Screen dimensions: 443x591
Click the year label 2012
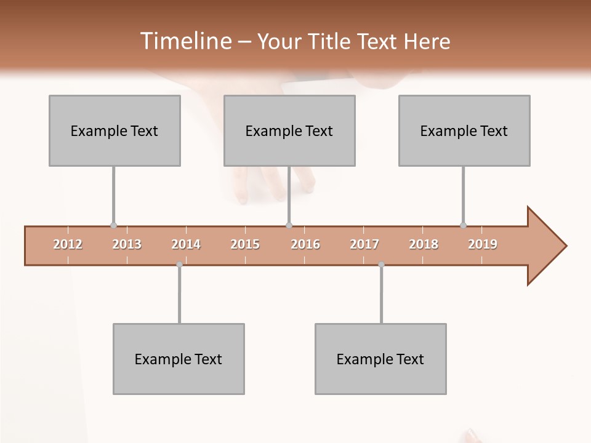[68, 244]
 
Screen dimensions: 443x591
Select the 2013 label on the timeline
[127, 244]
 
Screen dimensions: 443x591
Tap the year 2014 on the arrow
[186, 244]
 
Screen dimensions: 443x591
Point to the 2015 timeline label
[245, 244]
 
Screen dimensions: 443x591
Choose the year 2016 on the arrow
[305, 244]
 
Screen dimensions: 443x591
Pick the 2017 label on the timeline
[364, 244]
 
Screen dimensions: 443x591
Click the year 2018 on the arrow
[424, 244]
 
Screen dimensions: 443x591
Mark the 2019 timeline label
[483, 244]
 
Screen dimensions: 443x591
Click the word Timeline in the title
[185, 41]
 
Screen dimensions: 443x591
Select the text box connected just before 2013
[115, 130]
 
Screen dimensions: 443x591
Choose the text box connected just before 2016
[289, 130]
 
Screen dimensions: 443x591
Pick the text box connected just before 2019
[464, 130]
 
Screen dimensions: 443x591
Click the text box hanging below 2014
[179, 359]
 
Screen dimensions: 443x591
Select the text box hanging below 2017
[380, 359]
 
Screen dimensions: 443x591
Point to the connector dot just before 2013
[113, 226]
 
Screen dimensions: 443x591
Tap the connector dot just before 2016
[289, 226]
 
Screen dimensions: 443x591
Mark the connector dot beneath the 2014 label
[179, 265]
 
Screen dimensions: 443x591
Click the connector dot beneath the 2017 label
[381, 265]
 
